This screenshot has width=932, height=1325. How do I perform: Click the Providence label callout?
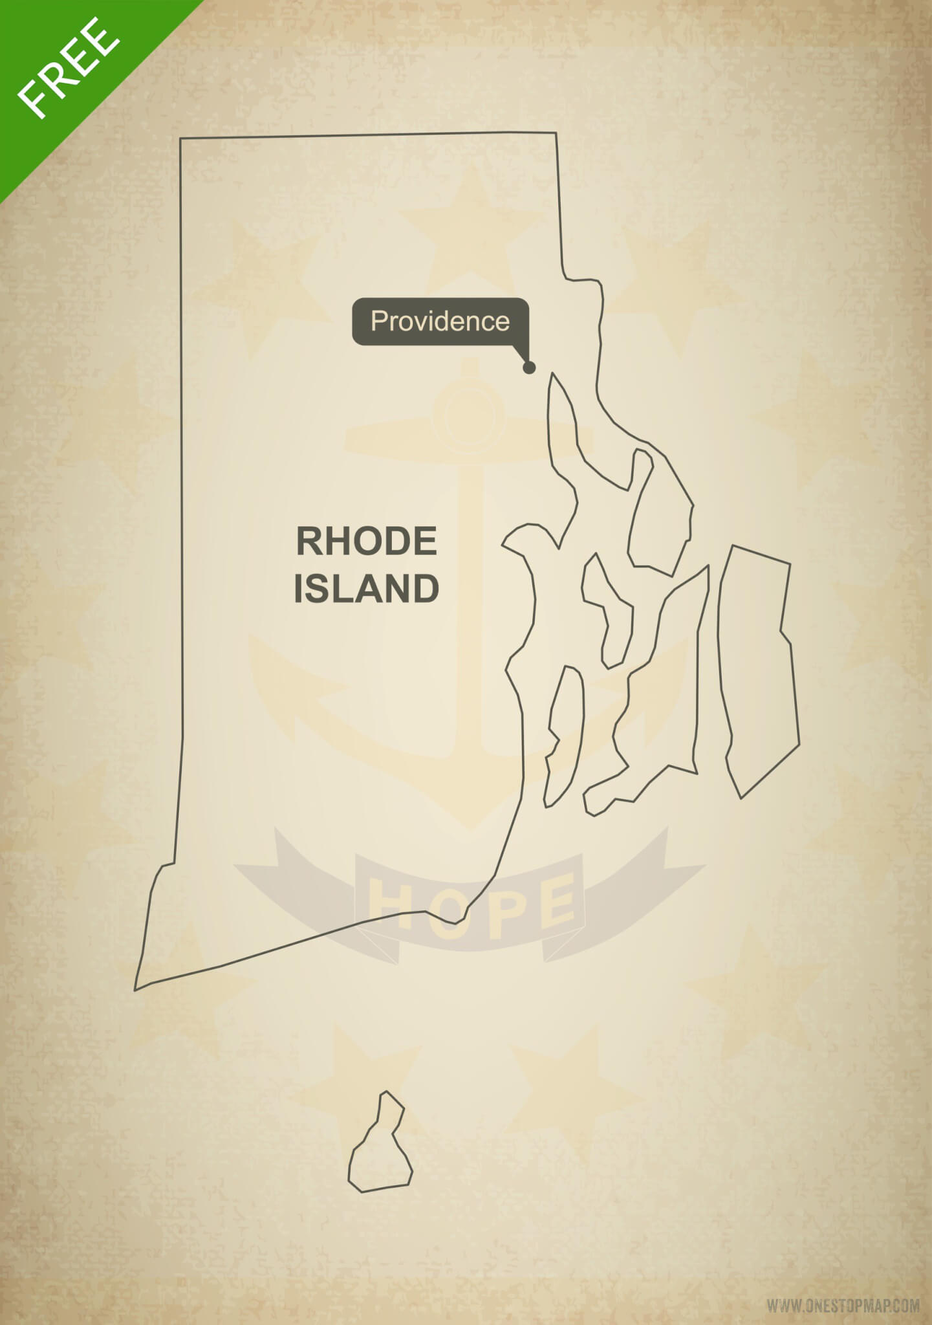(440, 321)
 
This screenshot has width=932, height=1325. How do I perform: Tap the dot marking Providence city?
(529, 367)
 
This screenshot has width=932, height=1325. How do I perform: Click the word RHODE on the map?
(366, 542)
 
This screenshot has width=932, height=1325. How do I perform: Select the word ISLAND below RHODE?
(366, 589)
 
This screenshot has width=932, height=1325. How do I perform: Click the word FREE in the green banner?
(67, 67)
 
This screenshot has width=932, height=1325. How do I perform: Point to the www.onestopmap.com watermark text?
(843, 1305)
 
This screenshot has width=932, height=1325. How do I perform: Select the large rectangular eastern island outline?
(757, 666)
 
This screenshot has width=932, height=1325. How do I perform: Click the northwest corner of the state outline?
(180, 138)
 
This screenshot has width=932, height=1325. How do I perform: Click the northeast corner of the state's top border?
(556, 133)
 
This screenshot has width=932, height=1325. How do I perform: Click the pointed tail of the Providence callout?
(523, 356)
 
